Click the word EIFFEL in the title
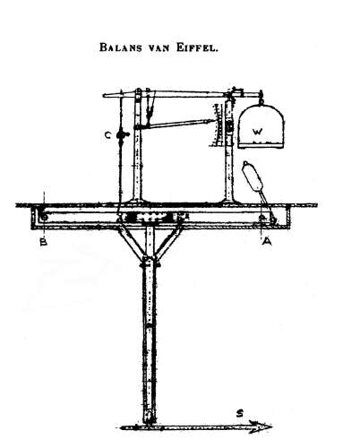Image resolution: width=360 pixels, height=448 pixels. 197,47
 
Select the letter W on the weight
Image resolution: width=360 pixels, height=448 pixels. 257,132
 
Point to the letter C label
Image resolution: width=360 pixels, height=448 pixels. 107,135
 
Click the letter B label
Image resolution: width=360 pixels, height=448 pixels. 44,242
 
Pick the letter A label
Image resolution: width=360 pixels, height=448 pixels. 267,241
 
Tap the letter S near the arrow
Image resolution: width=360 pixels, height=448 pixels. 239,414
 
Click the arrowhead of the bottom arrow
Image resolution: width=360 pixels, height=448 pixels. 261,426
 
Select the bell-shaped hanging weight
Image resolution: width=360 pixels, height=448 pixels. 261,126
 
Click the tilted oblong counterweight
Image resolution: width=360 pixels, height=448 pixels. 253,177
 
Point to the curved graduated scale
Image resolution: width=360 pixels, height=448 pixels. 218,125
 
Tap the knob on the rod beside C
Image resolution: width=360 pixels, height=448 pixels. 121,135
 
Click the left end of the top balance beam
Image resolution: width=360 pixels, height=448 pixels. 104,96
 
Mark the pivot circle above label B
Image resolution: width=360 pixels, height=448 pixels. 44,217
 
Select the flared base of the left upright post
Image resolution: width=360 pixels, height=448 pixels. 137,202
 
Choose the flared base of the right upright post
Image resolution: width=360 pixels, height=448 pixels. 229,202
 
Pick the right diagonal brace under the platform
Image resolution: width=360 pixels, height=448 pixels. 169,241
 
